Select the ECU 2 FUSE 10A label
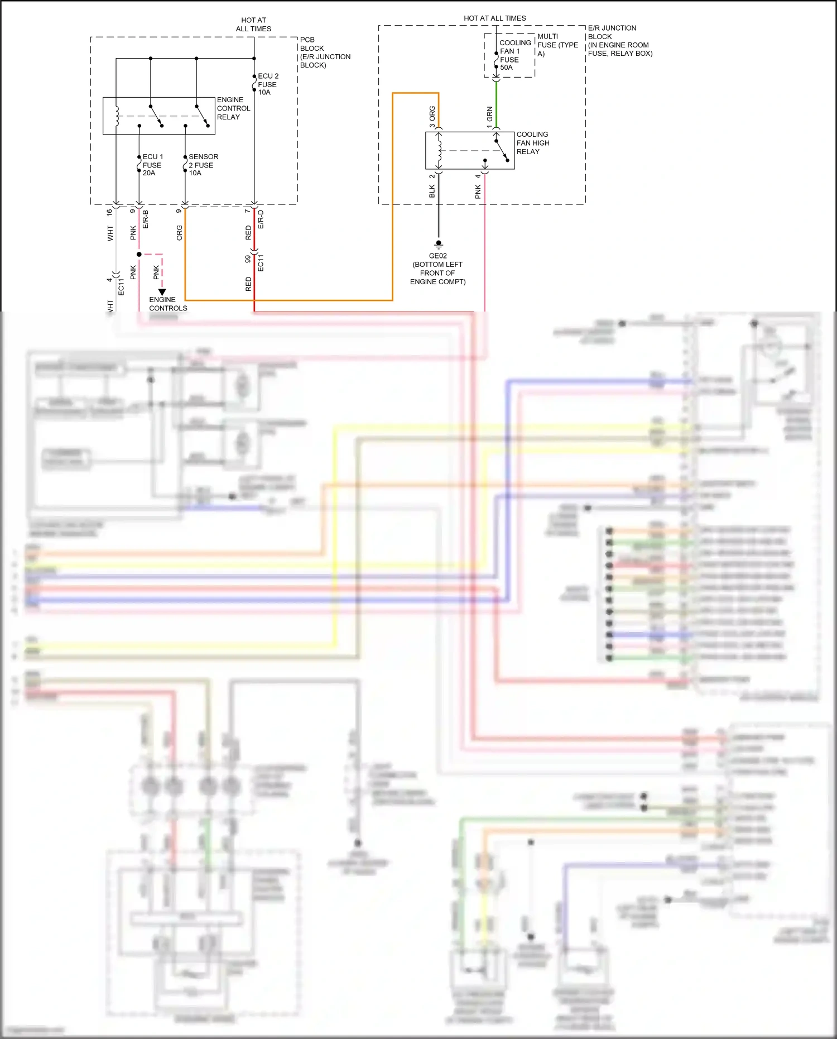267,84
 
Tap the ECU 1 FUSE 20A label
152,165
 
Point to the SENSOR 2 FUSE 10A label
203,165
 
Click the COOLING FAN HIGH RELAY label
532,143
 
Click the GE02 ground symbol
439,245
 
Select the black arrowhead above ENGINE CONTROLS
162,292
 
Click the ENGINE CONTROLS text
167,304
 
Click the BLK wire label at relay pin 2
432,191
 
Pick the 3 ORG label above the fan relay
432,117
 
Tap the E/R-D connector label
261,219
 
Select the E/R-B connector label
146,219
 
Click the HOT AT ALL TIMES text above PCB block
253,24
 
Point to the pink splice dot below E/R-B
139,255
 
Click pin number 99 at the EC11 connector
248,260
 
